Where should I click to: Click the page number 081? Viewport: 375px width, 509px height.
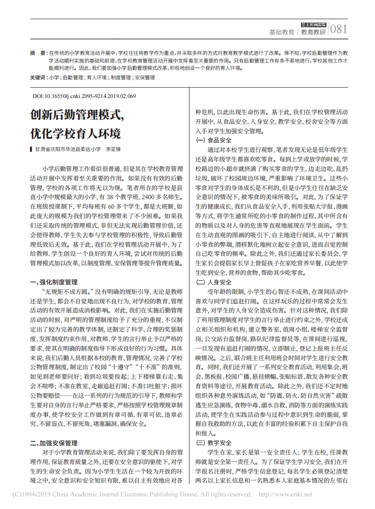coord(338,30)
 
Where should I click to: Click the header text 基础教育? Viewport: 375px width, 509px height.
coord(281,32)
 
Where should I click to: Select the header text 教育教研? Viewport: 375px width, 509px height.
coord(314,32)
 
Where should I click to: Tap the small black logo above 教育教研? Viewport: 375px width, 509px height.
coord(314,24)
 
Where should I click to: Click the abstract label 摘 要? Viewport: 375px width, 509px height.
coord(38,53)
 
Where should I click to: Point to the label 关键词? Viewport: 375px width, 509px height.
coord(39,78)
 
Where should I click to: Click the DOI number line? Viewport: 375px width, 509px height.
coord(84,96)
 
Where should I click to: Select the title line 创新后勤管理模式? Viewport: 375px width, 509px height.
coord(78,115)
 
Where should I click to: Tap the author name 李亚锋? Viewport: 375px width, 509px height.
coord(113,149)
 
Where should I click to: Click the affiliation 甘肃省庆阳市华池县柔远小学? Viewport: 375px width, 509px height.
coord(67,149)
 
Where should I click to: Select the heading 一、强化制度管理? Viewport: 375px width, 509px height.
coord(54,282)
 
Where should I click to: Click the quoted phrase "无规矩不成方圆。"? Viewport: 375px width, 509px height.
coord(67,291)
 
